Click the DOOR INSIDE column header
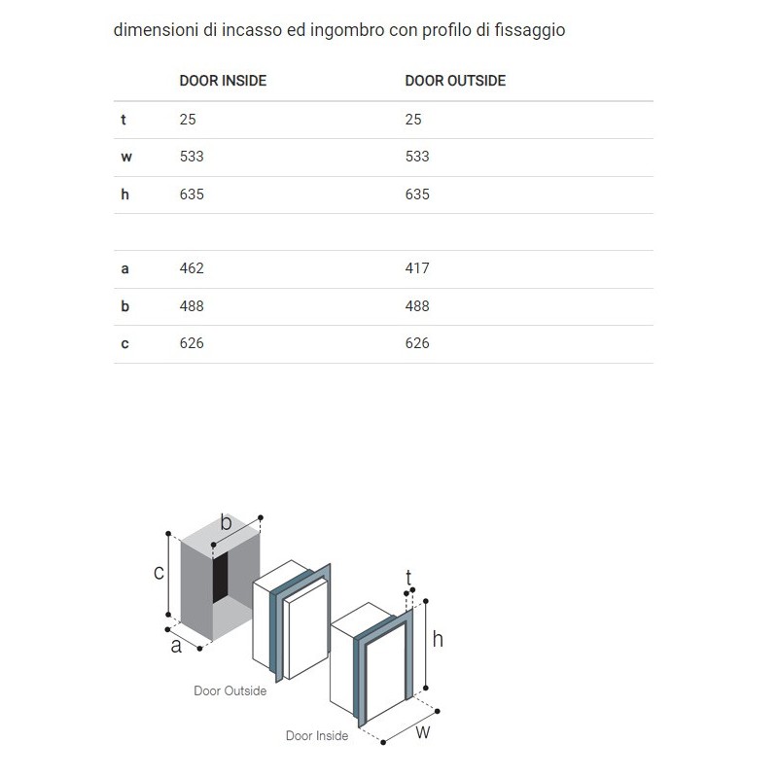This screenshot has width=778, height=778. coord(223,81)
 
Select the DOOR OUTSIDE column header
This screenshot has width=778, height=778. coord(455,81)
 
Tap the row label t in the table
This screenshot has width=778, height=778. coord(124,120)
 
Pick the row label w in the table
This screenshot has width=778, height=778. coord(125,157)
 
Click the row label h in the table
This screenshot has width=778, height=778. coord(124,194)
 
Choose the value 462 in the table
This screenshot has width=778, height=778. coord(192,268)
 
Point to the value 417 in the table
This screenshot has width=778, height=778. coord(417,268)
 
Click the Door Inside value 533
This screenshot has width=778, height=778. coord(192,157)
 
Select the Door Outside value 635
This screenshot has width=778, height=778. coord(417,194)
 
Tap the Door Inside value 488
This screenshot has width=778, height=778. coord(192,306)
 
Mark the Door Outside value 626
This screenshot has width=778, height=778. coord(417,343)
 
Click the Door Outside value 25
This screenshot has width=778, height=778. coord(413,120)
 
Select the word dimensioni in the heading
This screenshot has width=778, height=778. coord(153,30)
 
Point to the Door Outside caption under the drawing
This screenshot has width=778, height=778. coord(230,691)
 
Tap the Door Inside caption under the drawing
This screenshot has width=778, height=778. coord(316,736)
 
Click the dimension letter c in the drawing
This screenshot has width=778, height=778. coord(159,573)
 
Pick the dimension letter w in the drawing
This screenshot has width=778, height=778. coord(423,732)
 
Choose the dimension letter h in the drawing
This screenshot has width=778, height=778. coord(438,639)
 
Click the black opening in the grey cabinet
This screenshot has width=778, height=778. coord(222,582)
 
